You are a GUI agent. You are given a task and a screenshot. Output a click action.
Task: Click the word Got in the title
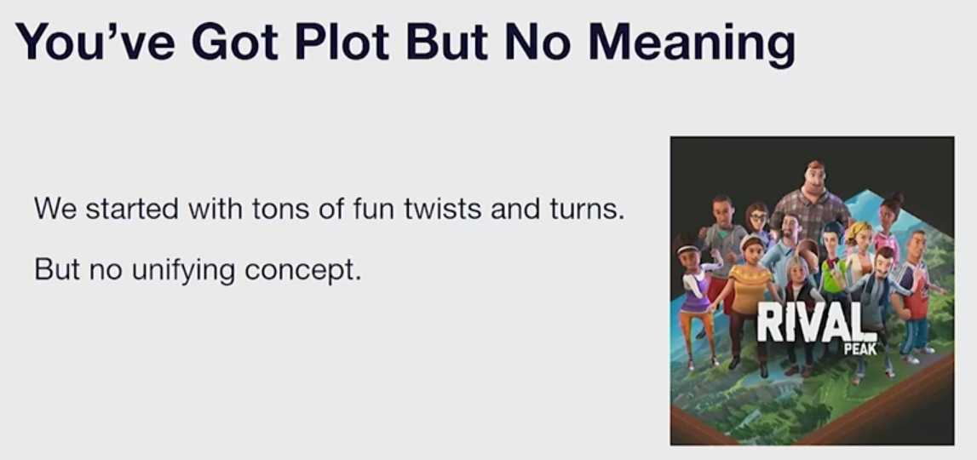235,42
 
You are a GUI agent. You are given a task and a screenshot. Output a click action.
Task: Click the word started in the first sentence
131,208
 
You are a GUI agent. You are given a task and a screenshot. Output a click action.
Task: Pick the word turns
587,210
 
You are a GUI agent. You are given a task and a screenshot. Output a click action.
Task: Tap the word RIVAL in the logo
811,322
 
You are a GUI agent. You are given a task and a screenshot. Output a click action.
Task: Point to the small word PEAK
859,349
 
